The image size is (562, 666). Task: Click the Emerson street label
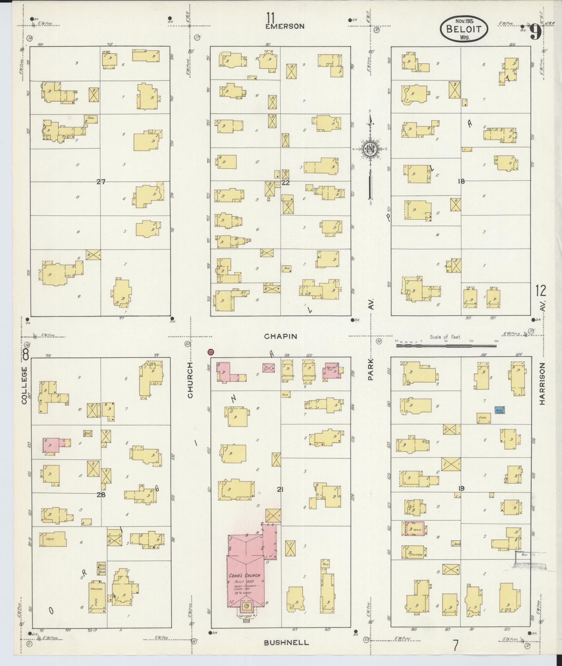(285, 26)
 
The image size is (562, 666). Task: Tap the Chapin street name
(281, 336)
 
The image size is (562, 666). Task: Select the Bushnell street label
(286, 643)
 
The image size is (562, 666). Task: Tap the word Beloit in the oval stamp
(464, 29)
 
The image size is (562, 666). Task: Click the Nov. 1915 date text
(464, 21)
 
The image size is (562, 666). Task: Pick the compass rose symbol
(370, 149)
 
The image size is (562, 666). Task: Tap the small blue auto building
(500, 410)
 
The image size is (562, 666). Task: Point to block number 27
(100, 182)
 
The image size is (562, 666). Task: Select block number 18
(461, 181)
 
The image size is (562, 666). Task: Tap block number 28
(101, 495)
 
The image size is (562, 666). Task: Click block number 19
(461, 488)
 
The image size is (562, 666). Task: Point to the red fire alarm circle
(211, 352)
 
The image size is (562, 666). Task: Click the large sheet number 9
(535, 33)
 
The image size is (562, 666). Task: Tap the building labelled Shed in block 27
(91, 119)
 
